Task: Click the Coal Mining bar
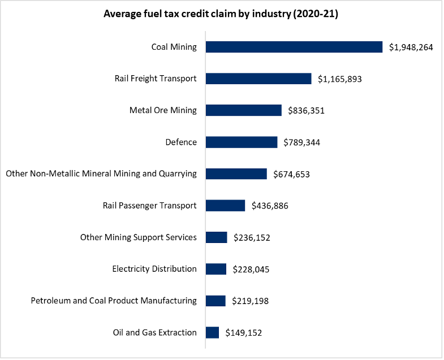tap(294, 47)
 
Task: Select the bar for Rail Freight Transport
tap(258, 79)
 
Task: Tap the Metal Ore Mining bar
tap(243, 110)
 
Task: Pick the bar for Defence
tap(242, 142)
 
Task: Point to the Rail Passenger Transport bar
tap(225, 205)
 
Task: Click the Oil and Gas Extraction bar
tap(212, 332)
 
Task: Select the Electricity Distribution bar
tap(216, 269)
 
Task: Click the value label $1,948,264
tap(411, 47)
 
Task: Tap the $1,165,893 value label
tap(339, 79)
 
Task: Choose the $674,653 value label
tap(291, 174)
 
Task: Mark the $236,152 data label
tap(252, 238)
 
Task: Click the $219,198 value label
tap(250, 301)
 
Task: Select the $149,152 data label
tap(244, 333)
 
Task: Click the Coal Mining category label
tap(174, 47)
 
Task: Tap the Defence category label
tap(181, 142)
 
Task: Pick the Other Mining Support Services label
tap(139, 237)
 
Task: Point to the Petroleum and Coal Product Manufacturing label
tap(114, 301)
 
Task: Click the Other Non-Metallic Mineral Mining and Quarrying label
tap(101, 174)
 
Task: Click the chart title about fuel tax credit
tap(221, 15)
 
